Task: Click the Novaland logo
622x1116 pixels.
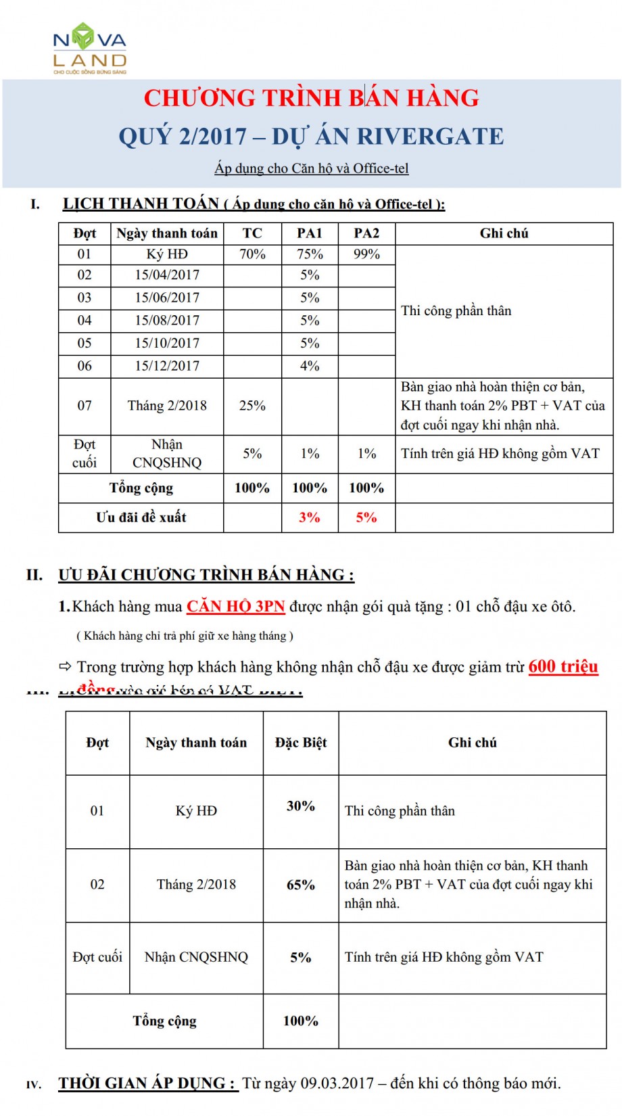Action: [90, 47]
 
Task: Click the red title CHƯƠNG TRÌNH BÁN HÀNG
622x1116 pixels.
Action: [311, 98]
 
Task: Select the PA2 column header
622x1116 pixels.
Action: [366, 233]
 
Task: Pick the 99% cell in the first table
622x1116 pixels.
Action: [366, 254]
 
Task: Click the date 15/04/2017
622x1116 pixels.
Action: [167, 275]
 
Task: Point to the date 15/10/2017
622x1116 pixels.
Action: [167, 343]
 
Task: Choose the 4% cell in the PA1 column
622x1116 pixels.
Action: [310, 366]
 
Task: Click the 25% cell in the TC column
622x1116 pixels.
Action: [252, 406]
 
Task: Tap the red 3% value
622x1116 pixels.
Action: [310, 517]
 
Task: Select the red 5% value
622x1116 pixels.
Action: [366, 517]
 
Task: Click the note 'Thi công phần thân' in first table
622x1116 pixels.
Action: [456, 310]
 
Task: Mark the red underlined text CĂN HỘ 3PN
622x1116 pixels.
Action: [236, 606]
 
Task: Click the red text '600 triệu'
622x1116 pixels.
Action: [563, 666]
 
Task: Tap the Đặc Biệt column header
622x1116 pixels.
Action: [301, 743]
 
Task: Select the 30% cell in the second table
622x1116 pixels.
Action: [301, 806]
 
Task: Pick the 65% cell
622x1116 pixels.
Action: [301, 885]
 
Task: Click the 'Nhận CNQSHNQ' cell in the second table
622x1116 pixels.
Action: [196, 957]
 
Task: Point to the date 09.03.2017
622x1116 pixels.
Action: [337, 1083]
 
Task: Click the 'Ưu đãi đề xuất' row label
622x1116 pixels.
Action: [141, 517]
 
